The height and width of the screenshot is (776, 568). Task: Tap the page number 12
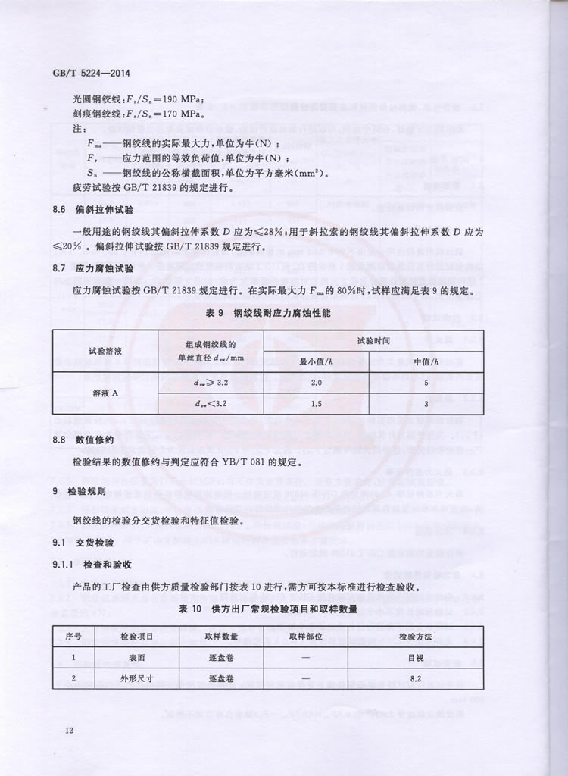(x=69, y=730)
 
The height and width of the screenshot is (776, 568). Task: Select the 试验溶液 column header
(x=105, y=351)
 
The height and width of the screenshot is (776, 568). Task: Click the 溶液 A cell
(x=105, y=393)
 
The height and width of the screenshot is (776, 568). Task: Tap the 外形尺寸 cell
(x=137, y=678)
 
